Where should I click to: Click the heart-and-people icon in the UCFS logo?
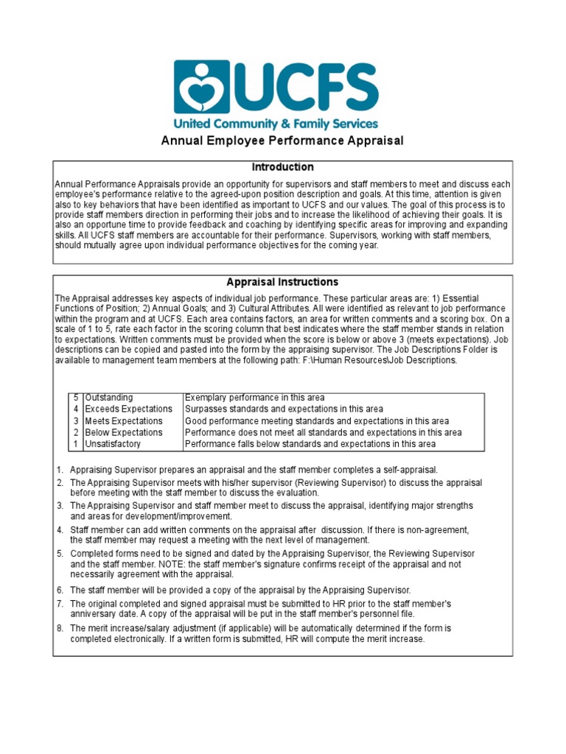(x=200, y=87)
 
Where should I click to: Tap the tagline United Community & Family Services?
(x=275, y=124)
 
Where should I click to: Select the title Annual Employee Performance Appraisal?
(x=282, y=141)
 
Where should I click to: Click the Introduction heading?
(x=282, y=167)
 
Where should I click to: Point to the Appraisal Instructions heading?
(x=282, y=282)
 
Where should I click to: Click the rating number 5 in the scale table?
(x=76, y=398)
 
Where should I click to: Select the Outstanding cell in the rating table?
(x=109, y=398)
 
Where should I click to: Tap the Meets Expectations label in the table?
(x=124, y=421)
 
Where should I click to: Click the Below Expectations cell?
(x=124, y=432)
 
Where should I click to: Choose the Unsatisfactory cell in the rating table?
(x=112, y=444)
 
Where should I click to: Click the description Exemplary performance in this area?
(x=254, y=398)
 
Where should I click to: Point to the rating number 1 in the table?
(x=76, y=444)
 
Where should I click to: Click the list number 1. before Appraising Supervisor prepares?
(x=60, y=470)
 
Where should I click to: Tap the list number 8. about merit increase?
(x=60, y=628)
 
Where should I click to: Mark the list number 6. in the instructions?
(x=60, y=591)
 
